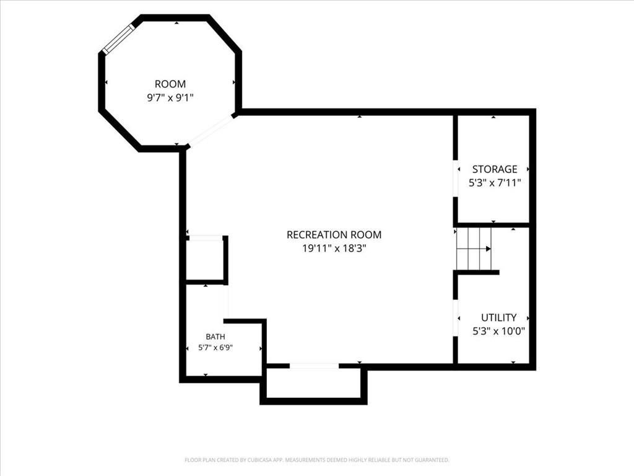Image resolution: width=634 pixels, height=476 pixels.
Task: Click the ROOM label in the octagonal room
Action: [x=170, y=84]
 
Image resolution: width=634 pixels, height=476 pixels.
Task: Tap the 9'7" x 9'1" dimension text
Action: [x=170, y=97]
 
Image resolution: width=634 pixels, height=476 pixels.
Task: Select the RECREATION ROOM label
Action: [x=334, y=235]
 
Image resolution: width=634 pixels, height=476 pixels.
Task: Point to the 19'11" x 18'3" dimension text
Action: [x=334, y=248]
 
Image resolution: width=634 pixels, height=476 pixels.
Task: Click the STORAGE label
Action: [x=495, y=169]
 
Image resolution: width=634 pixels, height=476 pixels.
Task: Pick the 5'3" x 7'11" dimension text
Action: [x=495, y=183]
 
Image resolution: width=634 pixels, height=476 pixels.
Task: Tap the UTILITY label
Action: [x=498, y=317]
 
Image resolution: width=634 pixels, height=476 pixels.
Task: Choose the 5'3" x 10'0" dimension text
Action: [x=498, y=331]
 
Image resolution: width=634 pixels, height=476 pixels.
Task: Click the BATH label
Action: [x=215, y=337]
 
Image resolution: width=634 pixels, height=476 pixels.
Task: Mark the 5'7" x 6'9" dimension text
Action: [x=215, y=347]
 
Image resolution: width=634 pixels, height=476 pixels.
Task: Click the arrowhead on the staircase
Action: [x=489, y=249]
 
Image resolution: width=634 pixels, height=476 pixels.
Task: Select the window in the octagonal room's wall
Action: [x=118, y=39]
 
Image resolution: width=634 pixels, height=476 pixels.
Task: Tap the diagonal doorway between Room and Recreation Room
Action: [x=211, y=130]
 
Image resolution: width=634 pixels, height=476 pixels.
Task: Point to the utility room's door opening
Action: [x=455, y=318]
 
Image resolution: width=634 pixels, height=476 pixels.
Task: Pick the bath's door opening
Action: [x=225, y=302]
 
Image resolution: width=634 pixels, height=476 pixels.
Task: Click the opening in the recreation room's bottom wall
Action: [x=314, y=366]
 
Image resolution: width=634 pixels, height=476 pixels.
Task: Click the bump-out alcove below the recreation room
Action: [x=313, y=384]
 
